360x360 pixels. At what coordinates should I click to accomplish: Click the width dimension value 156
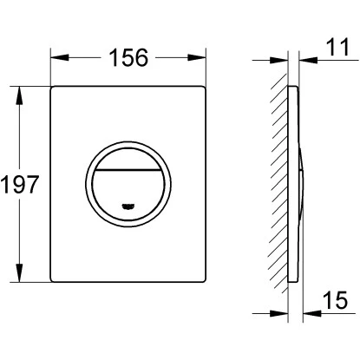pos(128,57)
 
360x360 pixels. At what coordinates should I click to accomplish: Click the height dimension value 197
pos(20,185)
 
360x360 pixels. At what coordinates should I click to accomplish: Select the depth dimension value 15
pos(336,300)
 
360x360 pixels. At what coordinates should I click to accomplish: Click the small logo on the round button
pos(128,206)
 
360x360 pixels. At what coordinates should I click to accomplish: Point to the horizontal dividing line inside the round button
pos(128,170)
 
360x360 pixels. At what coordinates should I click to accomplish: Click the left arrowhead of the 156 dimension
pos(60,57)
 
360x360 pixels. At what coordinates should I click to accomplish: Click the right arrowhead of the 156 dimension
pos(197,57)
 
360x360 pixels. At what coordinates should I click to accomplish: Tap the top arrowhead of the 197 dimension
pos(19,95)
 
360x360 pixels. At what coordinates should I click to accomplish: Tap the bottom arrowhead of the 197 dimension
pos(19,272)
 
